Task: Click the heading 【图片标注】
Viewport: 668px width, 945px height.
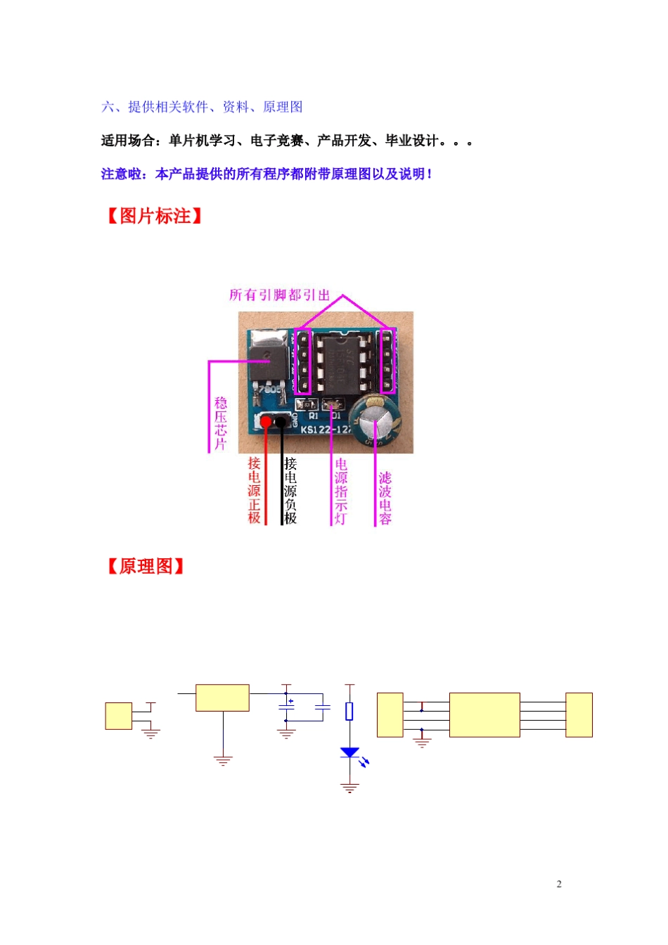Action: pos(154,216)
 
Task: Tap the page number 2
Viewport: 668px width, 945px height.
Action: pos(559,884)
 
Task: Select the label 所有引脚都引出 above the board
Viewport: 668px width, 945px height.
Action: pos(279,295)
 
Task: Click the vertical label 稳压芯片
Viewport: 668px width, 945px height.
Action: pos(221,423)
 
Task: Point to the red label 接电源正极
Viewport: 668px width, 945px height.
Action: pos(254,490)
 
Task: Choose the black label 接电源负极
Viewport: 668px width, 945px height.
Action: pos(290,490)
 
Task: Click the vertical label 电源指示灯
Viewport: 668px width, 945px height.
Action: pos(341,491)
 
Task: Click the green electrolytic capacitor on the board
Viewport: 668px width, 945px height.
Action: pos(375,420)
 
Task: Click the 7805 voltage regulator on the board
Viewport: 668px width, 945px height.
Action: pos(269,361)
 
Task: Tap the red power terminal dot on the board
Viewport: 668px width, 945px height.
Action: pos(266,422)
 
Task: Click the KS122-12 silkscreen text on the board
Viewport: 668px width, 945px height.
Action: pos(326,430)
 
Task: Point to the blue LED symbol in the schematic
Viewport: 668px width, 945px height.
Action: pos(349,752)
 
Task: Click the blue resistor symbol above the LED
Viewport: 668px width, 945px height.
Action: pos(349,712)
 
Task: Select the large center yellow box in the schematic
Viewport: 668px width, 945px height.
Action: pos(484,714)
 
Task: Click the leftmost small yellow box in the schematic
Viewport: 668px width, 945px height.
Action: pos(119,716)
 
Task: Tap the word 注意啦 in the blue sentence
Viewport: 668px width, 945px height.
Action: pos(121,174)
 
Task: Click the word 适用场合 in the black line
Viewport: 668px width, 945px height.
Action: pos(127,141)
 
